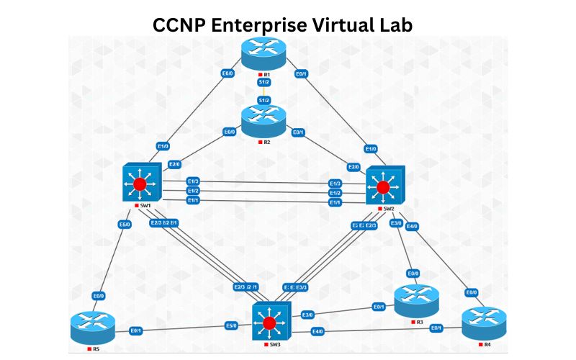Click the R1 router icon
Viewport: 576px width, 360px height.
tap(264, 53)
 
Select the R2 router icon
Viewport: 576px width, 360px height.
tap(264, 121)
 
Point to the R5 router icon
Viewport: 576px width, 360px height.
tap(93, 328)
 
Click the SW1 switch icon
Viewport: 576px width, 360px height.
tap(140, 184)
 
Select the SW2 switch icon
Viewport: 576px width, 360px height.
tap(384, 186)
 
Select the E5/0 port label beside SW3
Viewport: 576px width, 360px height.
tap(231, 325)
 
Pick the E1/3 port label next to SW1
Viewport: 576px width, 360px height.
tap(193, 181)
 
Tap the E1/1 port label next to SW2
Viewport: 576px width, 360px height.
tap(335, 203)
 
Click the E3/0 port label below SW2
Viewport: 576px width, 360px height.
tap(396, 223)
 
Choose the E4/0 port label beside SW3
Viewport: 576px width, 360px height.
tap(317, 331)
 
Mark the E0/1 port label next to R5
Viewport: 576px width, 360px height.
tap(135, 330)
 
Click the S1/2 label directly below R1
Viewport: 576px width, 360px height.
tap(264, 84)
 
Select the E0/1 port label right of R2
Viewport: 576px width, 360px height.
tap(298, 132)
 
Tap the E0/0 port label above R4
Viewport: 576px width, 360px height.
tap(472, 292)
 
